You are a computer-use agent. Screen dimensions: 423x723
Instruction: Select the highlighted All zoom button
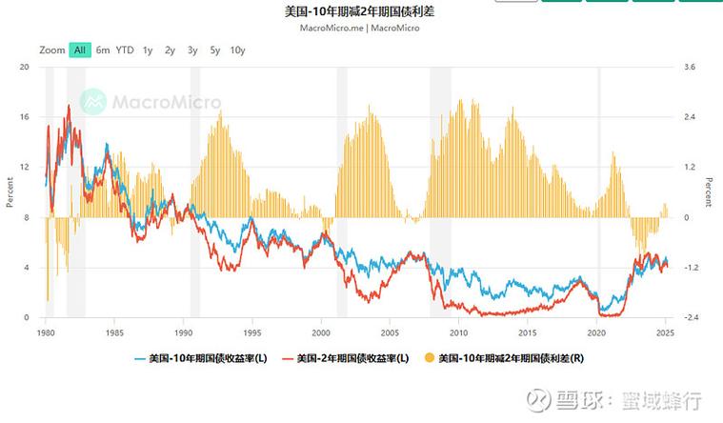(x=80, y=50)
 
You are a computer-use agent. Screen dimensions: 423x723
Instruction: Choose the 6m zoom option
(x=103, y=50)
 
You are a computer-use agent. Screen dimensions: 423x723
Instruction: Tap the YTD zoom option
(x=125, y=50)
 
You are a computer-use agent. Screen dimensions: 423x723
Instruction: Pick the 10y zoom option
(x=237, y=50)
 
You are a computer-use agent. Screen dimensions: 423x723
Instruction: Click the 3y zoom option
(x=192, y=50)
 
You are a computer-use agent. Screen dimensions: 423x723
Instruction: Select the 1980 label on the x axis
(x=46, y=333)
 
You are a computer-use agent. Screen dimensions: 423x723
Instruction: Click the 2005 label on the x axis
(x=390, y=333)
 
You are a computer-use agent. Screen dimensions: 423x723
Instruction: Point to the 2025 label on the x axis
(x=664, y=333)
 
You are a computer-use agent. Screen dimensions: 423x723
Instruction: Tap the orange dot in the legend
(x=429, y=358)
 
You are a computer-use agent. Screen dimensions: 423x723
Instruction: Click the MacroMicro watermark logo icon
(x=92, y=101)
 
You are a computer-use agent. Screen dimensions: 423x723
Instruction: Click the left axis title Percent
(x=10, y=192)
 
